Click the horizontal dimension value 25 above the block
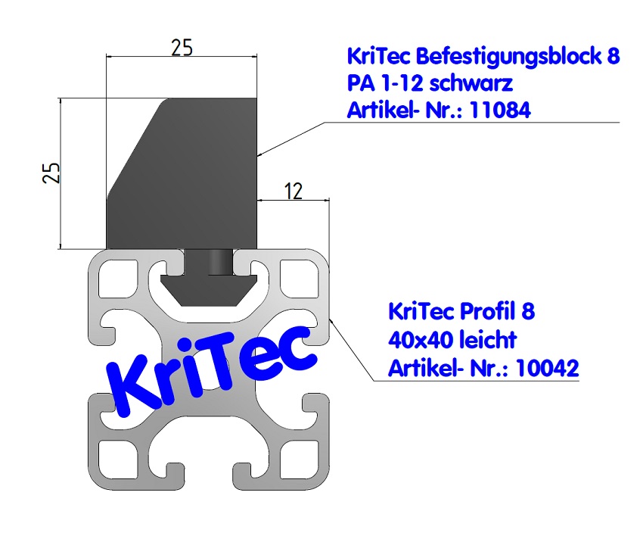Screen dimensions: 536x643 [x=182, y=47]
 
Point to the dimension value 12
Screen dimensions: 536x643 [x=293, y=191]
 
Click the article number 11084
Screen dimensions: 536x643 [x=500, y=111]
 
